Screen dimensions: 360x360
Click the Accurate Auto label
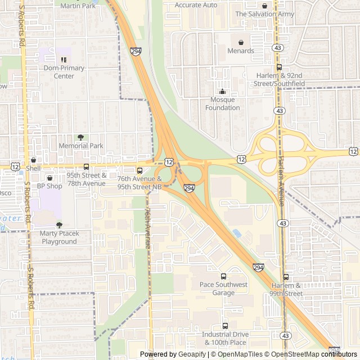point(196,4)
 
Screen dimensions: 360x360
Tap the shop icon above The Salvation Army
point(264,6)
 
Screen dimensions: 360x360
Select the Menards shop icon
point(241,42)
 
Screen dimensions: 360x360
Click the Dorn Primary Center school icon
point(64,59)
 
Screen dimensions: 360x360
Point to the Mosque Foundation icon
point(222,92)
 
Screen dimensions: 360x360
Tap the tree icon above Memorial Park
point(80,137)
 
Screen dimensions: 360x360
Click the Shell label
point(34,168)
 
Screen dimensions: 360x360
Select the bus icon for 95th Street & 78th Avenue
point(86,166)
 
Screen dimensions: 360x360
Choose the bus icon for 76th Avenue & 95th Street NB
point(139,170)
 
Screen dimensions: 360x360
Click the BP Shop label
point(49,186)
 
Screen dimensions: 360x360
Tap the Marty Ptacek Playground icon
point(58,225)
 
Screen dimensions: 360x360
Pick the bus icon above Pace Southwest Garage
point(223,276)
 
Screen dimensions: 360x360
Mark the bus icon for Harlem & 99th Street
point(286,277)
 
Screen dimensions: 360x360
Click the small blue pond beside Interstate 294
point(237,232)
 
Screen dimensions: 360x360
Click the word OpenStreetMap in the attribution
point(292,354)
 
